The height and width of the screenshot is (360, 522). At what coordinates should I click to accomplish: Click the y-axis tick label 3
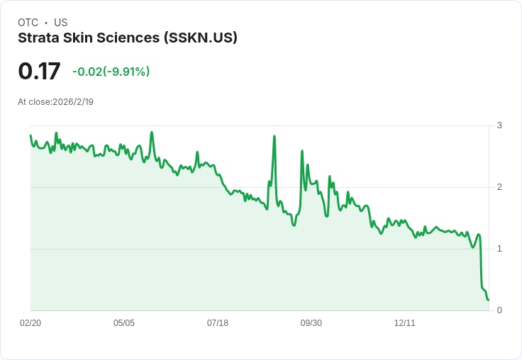click(x=499, y=125)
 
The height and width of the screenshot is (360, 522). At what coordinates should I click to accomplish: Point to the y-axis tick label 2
click(x=499, y=187)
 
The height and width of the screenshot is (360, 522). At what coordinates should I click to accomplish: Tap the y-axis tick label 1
click(x=499, y=249)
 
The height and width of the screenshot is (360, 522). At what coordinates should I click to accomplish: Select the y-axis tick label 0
click(x=499, y=310)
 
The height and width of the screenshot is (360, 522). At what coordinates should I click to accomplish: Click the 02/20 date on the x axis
click(x=30, y=323)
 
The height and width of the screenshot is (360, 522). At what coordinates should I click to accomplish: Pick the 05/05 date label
click(x=124, y=323)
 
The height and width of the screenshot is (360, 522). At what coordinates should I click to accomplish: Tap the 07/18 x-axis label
click(x=218, y=323)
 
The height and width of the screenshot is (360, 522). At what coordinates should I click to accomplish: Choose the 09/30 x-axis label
click(x=311, y=323)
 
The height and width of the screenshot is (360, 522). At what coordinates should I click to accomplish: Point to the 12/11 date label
click(x=405, y=323)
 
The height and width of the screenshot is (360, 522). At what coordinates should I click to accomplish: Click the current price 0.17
click(x=39, y=72)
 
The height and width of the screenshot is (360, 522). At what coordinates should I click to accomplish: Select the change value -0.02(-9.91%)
click(x=111, y=72)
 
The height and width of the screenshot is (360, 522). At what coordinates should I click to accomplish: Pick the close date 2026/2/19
click(x=73, y=102)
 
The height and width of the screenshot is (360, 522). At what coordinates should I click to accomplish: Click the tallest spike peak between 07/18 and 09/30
click(x=274, y=136)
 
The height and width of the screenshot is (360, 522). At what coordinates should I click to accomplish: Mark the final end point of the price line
click(x=489, y=300)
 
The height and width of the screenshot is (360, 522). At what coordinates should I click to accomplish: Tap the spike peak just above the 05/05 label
click(x=152, y=133)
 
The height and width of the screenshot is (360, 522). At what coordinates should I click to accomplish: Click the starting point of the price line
click(x=30, y=135)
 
